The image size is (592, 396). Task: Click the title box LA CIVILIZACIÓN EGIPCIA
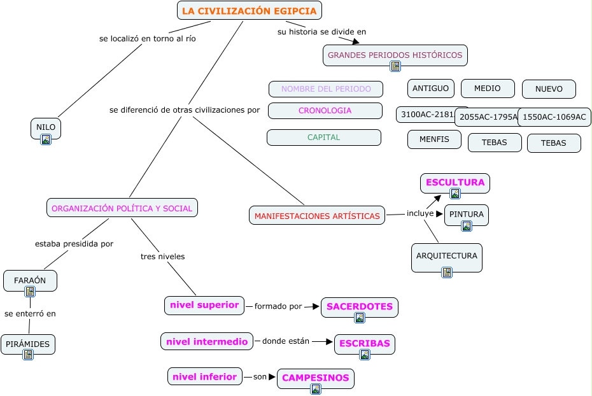coord(249,11)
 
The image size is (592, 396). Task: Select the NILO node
coord(45,127)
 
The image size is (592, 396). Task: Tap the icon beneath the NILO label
coord(46,139)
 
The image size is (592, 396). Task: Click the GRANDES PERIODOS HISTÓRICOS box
coord(395,55)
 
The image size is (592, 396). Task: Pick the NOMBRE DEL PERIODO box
coord(325,89)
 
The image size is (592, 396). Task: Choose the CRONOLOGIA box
coord(325,111)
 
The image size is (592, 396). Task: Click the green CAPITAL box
coord(323,138)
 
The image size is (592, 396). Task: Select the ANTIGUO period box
coord(430,88)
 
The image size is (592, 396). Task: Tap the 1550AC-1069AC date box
coord(554,117)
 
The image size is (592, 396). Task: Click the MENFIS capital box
coord(434,139)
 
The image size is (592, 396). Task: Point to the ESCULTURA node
coord(455,183)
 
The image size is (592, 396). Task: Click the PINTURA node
coord(466,215)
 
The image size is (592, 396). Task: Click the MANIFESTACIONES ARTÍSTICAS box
coord(317,216)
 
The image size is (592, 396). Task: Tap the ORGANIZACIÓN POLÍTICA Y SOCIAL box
coord(122,208)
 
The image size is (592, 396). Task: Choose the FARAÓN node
coord(30,280)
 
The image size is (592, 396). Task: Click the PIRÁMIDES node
coord(27,344)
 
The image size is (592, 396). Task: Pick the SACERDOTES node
coord(359,307)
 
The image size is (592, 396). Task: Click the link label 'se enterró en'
coord(30,313)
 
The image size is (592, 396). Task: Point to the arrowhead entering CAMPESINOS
coord(272,377)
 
